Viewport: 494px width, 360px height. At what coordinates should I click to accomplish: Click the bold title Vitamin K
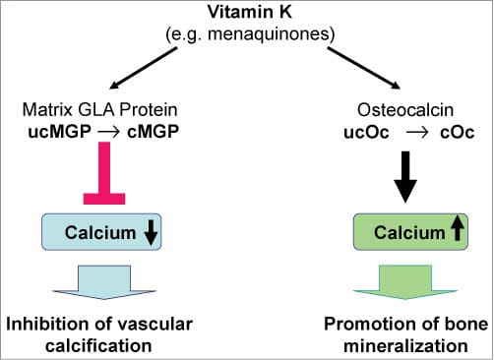(245, 13)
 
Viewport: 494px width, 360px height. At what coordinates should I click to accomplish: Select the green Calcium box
(405, 234)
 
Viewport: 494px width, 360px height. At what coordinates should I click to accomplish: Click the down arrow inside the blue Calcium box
(151, 234)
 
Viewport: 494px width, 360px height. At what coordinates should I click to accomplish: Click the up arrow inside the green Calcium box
(456, 234)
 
